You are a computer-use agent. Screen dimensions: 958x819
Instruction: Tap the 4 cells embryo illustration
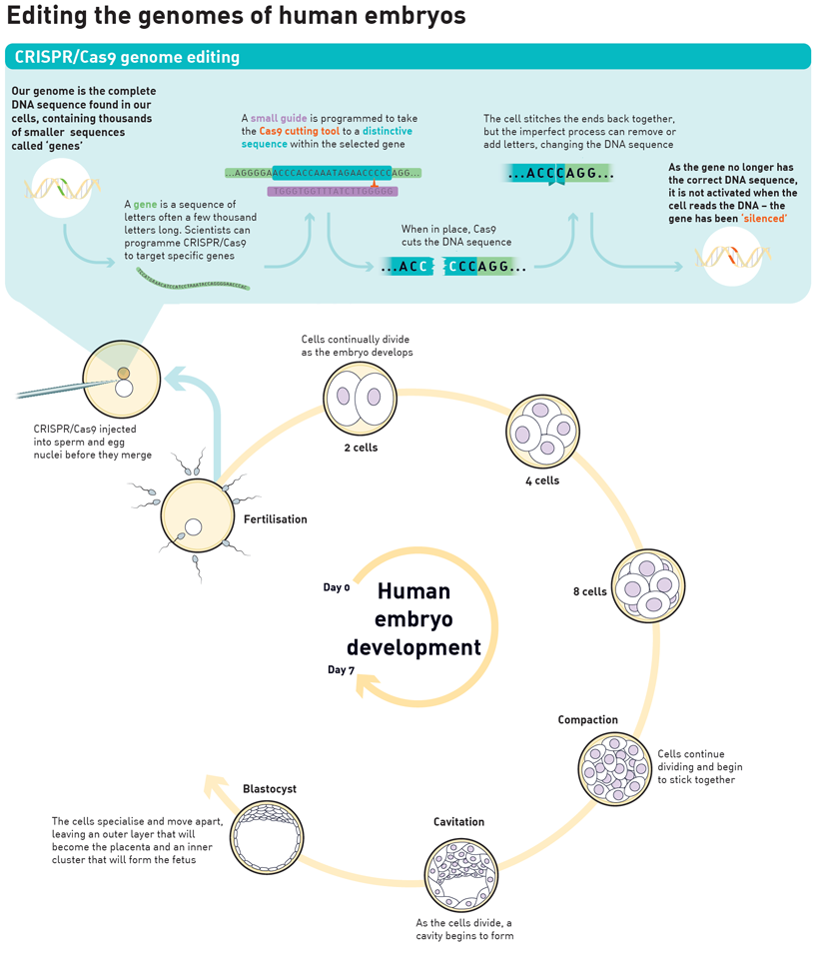pyautogui.click(x=543, y=432)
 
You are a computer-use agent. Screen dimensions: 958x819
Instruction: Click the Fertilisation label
pyautogui.click(x=275, y=519)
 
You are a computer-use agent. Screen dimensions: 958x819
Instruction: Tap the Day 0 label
pyautogui.click(x=337, y=587)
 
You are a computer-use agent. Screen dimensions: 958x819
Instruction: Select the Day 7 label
pyautogui.click(x=341, y=669)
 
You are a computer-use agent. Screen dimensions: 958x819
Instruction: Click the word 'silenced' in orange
pyautogui.click(x=764, y=218)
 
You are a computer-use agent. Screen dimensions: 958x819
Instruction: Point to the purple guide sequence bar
pyautogui.click(x=333, y=191)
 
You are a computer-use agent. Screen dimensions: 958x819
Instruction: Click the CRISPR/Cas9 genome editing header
pyautogui.click(x=127, y=57)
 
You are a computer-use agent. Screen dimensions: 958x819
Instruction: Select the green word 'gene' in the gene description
pyautogui.click(x=146, y=205)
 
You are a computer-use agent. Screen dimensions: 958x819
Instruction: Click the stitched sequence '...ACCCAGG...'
pyautogui.click(x=559, y=174)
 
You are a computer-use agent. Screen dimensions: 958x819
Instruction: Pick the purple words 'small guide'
pyautogui.click(x=280, y=118)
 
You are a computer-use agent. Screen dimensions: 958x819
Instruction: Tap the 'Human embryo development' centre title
pyautogui.click(x=414, y=619)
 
